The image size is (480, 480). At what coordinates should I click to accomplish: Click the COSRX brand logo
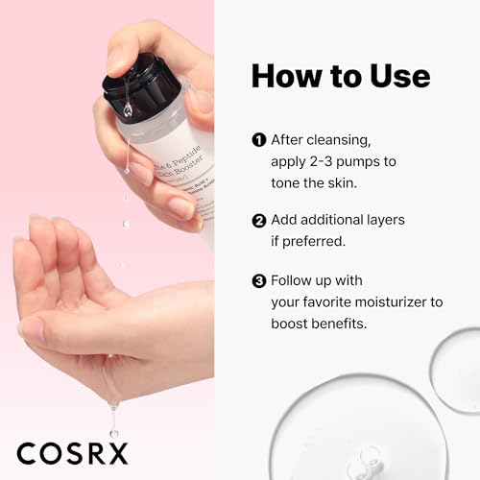point(73,451)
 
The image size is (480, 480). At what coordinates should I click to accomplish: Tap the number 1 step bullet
point(258,139)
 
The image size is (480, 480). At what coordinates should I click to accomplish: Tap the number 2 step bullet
point(258,220)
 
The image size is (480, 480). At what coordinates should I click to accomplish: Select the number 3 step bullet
point(258,281)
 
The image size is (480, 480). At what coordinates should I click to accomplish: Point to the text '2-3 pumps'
point(336,160)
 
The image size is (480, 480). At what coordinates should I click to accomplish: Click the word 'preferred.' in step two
point(313,242)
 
